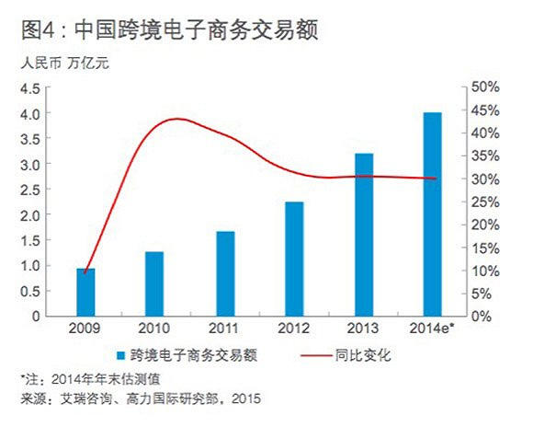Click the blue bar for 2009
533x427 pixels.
[85, 292]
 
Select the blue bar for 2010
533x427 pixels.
[154, 283]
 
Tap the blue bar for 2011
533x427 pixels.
[224, 273]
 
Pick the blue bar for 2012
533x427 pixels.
[294, 259]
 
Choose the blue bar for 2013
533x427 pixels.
[363, 235]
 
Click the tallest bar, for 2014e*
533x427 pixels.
[432, 214]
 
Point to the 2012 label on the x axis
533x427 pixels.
[294, 329]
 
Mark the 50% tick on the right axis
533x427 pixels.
[484, 87]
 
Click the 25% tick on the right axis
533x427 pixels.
[484, 202]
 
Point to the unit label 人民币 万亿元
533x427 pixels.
[70, 64]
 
